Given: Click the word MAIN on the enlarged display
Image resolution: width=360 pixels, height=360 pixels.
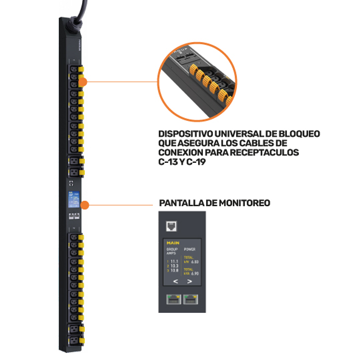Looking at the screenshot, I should [173, 243].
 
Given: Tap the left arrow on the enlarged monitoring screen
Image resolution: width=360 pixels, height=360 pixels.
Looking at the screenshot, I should [176, 281].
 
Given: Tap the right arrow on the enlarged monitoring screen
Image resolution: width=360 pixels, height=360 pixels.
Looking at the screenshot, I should [189, 281].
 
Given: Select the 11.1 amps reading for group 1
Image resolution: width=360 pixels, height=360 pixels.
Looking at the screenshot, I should [174, 261].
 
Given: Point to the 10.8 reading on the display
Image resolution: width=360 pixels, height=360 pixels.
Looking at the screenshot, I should [174, 271].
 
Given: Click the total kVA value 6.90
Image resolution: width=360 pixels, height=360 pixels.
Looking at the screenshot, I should [195, 273].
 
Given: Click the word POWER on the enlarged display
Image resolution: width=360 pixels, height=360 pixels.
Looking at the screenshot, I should [189, 249].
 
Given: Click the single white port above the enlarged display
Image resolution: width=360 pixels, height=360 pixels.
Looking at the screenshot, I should [171, 226].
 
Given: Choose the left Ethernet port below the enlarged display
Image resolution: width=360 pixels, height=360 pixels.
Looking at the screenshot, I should [174, 299].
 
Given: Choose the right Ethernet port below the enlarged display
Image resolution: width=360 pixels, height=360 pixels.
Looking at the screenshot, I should [190, 299].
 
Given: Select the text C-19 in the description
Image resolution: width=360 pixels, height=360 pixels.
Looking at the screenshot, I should [196, 162].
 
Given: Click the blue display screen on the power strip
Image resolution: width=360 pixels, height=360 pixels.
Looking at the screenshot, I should [73, 199].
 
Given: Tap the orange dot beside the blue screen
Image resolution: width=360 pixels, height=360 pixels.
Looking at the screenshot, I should [85, 205].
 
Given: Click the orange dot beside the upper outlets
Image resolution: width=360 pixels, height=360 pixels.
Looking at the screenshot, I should [82, 82].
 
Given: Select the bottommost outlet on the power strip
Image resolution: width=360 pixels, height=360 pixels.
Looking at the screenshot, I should [74, 340].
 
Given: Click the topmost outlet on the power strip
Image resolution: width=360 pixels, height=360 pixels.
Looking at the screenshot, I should [74, 69].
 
